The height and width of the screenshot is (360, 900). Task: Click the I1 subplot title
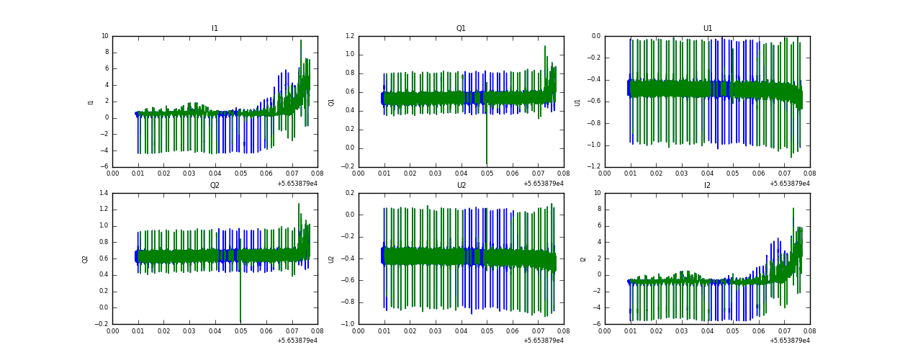click(x=215, y=29)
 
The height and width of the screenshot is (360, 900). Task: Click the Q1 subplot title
click(x=461, y=29)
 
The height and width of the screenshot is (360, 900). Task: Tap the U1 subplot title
click(x=707, y=29)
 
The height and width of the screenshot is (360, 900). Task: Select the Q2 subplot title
click(x=215, y=186)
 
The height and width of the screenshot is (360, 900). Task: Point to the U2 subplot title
click(x=461, y=186)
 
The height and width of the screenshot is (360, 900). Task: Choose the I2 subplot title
click(x=707, y=186)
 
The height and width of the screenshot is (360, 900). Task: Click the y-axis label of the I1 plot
click(x=91, y=102)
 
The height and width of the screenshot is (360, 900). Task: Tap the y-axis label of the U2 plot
click(x=331, y=258)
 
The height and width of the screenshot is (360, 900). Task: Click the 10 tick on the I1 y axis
click(x=104, y=36)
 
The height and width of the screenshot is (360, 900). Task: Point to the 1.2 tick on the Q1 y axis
click(x=349, y=36)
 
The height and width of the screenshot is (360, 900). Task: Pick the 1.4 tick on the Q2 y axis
click(x=103, y=193)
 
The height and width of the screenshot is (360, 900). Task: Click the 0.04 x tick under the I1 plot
click(x=215, y=174)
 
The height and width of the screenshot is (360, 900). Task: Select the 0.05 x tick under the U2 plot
click(x=487, y=330)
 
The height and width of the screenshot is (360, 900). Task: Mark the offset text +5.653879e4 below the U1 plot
click(x=789, y=184)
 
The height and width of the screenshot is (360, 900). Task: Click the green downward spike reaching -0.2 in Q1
click(x=487, y=162)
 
